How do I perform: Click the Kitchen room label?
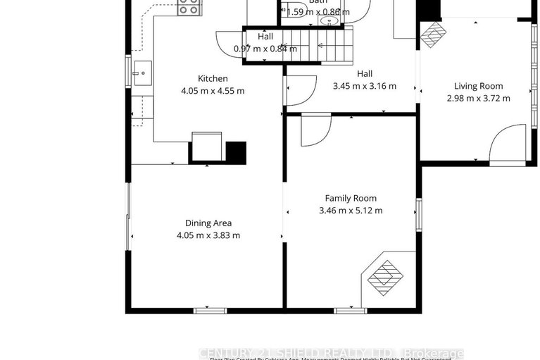[212, 78]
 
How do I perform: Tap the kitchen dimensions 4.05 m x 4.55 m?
[212, 91]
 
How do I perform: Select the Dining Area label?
[208, 223]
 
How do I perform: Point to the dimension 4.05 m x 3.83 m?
[208, 235]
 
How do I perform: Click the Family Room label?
[350, 198]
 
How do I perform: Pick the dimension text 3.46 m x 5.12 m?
[350, 211]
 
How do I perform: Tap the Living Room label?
[478, 86]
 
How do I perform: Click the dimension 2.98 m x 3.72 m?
[478, 99]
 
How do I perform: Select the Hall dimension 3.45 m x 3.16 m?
[364, 86]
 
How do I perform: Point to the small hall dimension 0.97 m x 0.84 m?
[265, 49]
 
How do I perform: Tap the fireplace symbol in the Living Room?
[434, 33]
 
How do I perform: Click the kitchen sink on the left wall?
[142, 71]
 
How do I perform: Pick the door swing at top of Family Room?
[315, 130]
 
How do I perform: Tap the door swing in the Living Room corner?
[508, 144]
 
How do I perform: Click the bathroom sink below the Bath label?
[329, 21]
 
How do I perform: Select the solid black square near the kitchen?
[237, 152]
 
